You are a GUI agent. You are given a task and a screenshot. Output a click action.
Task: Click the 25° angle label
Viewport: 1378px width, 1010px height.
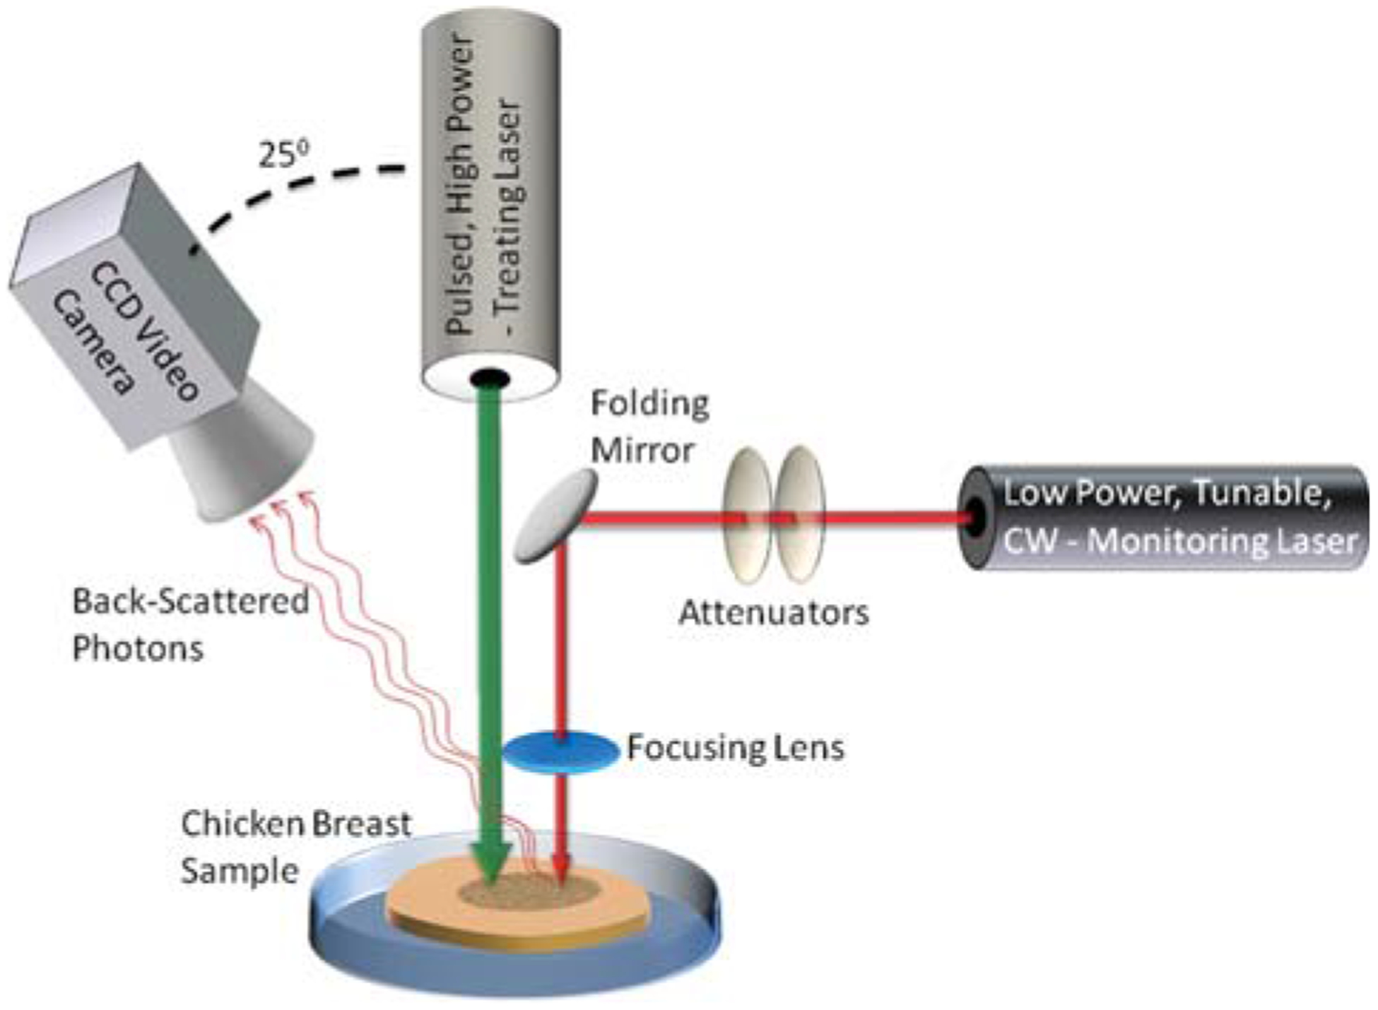pos(283,154)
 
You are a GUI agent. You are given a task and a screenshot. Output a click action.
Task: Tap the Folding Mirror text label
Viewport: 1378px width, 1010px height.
pos(649,427)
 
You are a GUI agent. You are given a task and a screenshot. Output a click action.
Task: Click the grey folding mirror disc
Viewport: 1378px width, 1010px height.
pos(555,516)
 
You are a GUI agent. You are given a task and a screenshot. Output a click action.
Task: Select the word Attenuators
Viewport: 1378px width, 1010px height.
pos(773,613)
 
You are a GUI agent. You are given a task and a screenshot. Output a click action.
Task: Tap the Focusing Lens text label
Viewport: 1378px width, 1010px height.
pos(735,748)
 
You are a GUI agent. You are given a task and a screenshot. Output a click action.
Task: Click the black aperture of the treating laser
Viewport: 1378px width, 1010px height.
pos(490,379)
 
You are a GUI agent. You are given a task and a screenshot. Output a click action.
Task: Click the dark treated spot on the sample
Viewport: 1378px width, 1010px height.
pos(530,891)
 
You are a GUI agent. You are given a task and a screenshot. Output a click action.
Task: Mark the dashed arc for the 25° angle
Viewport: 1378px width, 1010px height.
pos(297,186)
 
